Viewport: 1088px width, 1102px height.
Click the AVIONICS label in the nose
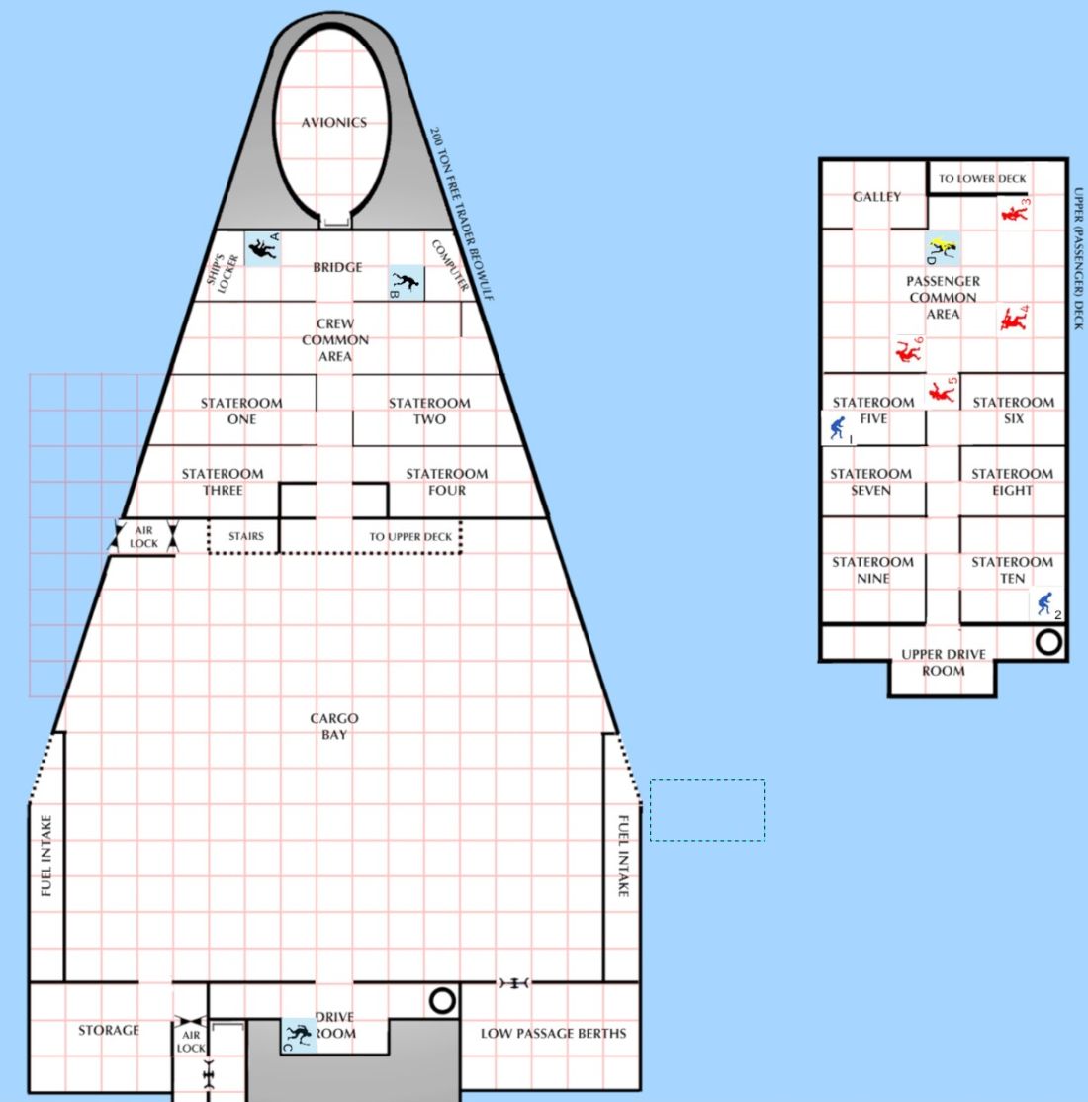[x=334, y=123]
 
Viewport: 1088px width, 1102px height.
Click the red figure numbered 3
[x=1014, y=213]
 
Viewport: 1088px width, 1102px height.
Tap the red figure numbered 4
[x=1013, y=320]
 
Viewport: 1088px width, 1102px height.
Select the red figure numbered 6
[x=908, y=351]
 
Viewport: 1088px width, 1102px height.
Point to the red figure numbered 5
[x=941, y=392]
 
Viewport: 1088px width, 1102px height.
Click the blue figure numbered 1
[x=837, y=428]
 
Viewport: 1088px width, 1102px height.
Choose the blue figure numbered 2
[x=1045, y=603]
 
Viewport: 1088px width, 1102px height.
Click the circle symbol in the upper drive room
[x=1048, y=642]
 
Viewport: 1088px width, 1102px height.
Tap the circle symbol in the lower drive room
[x=442, y=1000]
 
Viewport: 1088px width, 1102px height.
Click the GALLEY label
[x=876, y=197]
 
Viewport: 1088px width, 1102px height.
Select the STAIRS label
[x=246, y=536]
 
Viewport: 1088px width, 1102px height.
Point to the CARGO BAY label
[x=334, y=726]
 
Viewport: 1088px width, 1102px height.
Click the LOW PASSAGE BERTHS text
[x=553, y=1033]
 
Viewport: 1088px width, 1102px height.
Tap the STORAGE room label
[x=108, y=1030]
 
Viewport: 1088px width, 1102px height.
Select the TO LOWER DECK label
[x=982, y=178]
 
